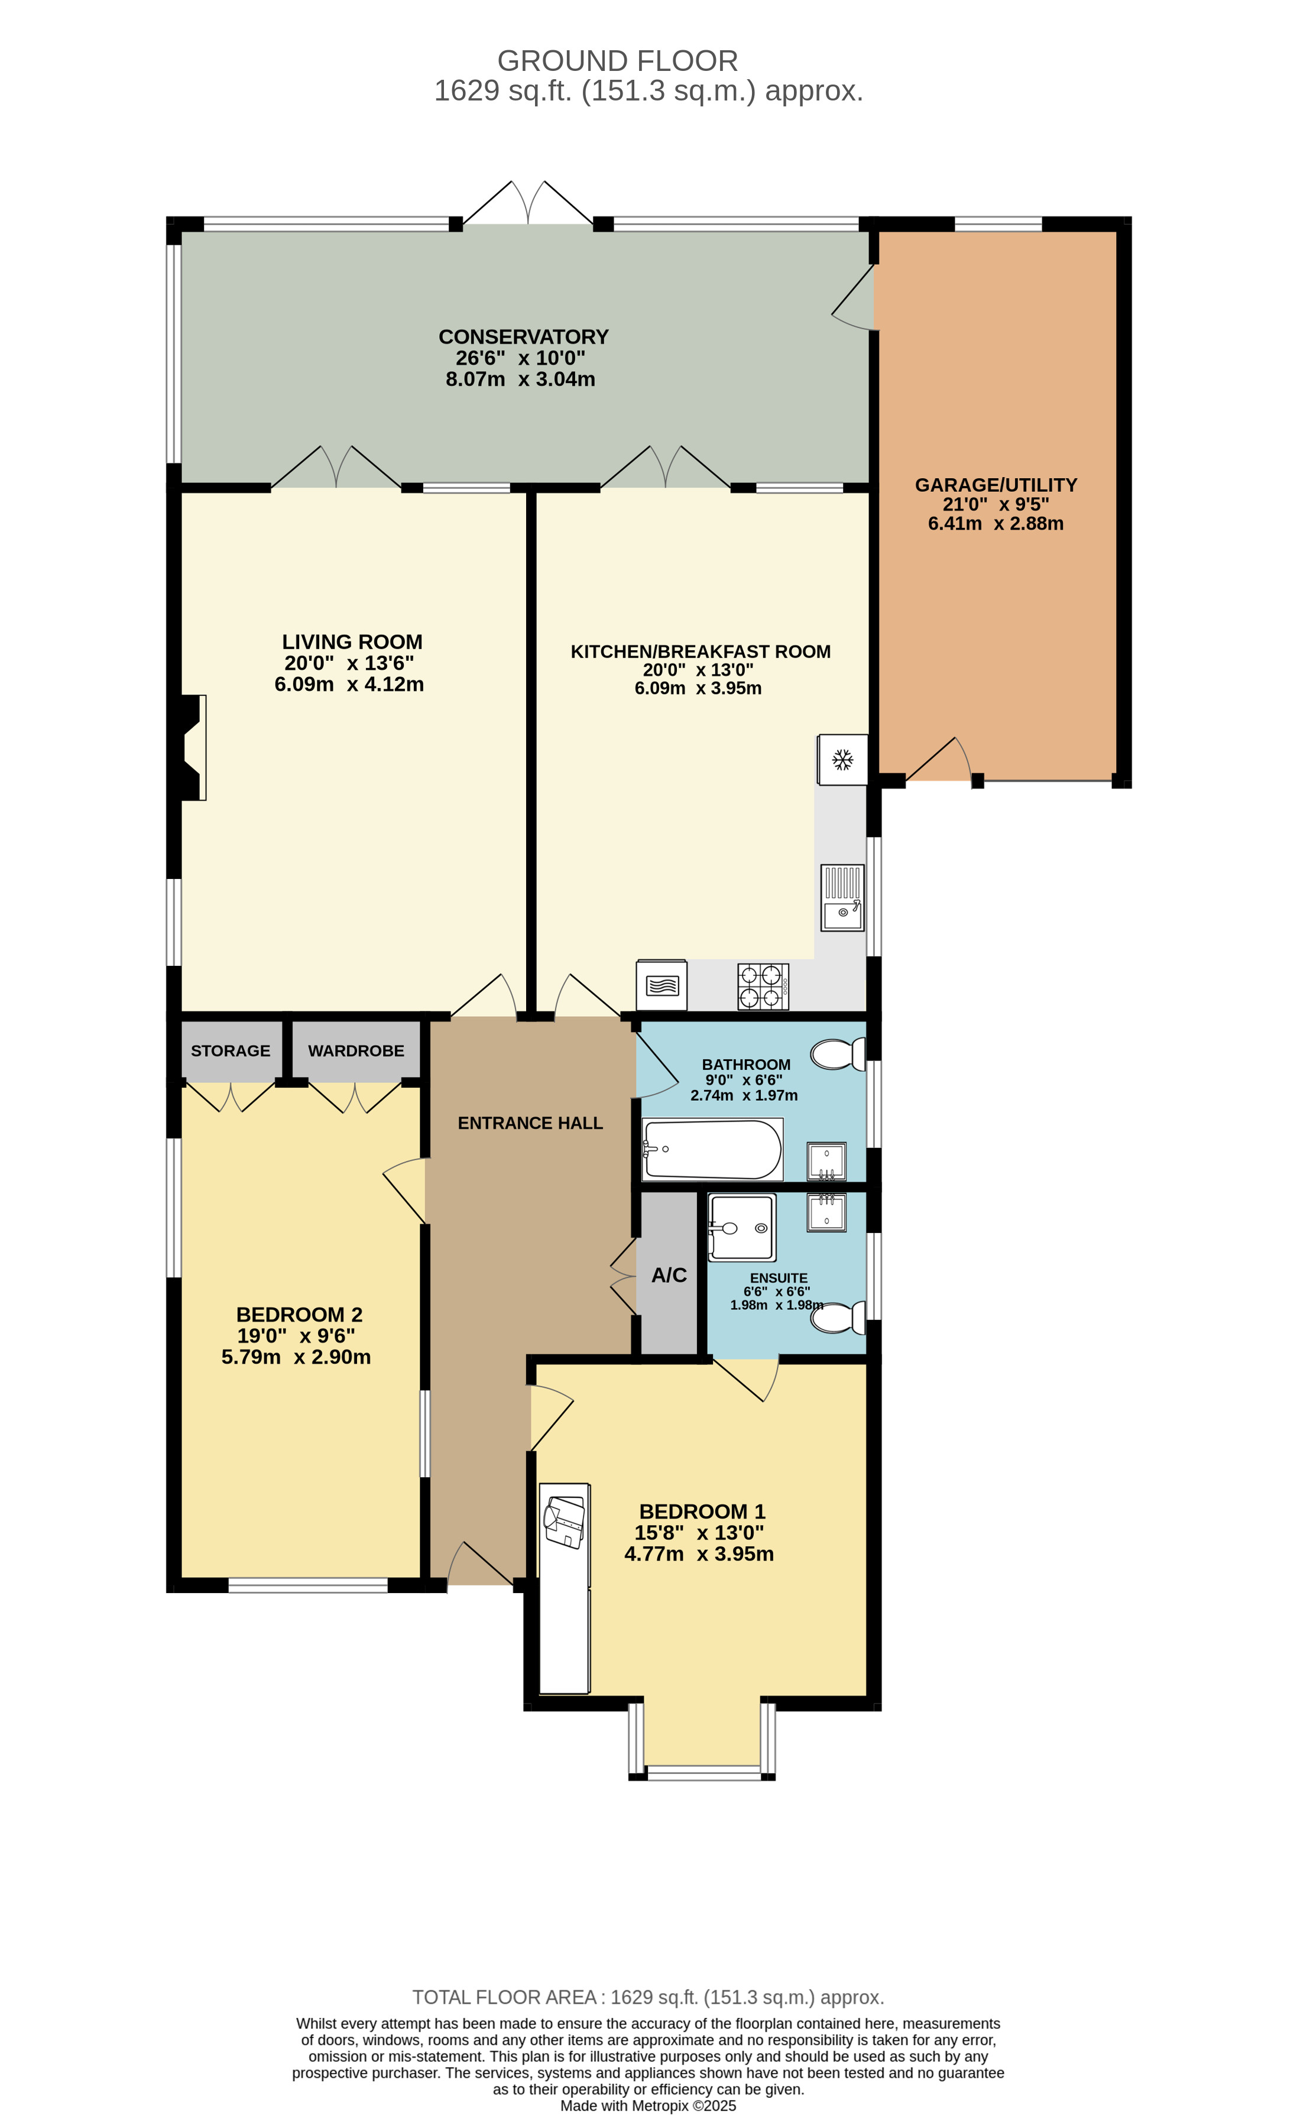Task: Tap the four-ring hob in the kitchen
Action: tap(762, 986)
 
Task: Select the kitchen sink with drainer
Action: tap(842, 898)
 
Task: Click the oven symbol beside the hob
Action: tap(661, 985)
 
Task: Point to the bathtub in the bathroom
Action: tap(712, 1149)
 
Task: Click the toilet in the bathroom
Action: tap(837, 1054)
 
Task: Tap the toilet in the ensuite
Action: tap(837, 1318)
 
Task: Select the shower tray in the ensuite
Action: tap(742, 1228)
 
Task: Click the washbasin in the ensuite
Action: tap(826, 1212)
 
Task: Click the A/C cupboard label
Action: tap(669, 1274)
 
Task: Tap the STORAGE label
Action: tap(230, 1050)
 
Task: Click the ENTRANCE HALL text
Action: tap(530, 1123)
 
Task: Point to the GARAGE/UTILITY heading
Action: tap(995, 485)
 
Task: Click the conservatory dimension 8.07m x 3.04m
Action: tap(520, 379)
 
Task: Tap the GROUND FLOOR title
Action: tap(617, 61)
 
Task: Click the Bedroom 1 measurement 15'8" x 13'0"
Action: tap(699, 1533)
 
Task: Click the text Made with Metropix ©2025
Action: tap(648, 2105)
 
